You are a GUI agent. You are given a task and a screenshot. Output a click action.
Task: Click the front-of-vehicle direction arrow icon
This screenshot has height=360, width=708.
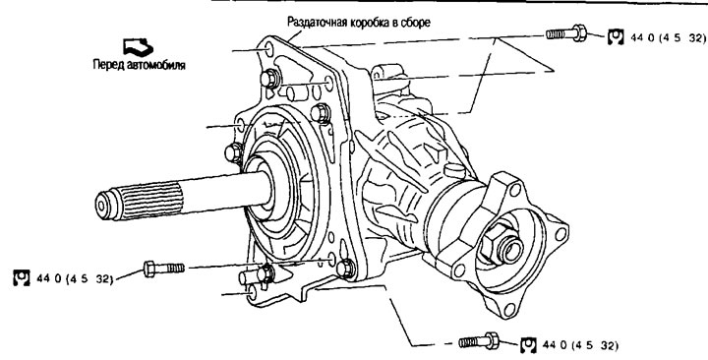tap(137, 45)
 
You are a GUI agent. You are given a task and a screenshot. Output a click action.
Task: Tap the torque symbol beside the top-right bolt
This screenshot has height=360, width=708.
tap(616, 36)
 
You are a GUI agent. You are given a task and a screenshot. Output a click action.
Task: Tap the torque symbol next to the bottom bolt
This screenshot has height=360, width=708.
tap(524, 344)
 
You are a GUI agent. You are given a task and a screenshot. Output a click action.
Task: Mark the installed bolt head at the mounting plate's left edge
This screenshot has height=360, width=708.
tap(234, 152)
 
